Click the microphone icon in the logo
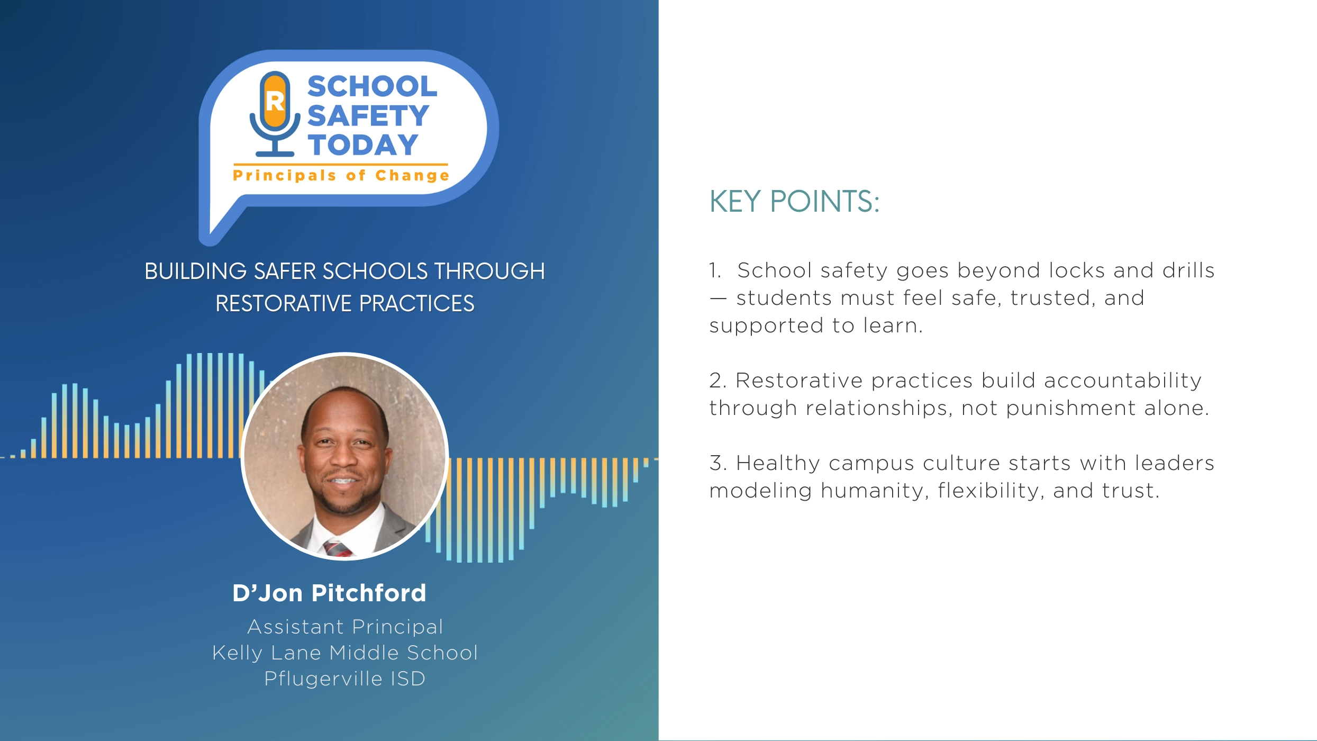[x=275, y=114]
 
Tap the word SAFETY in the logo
[x=368, y=115]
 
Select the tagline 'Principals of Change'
[x=341, y=175]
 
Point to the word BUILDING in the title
[x=195, y=272]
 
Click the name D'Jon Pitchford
[x=329, y=593]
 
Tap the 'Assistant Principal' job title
[x=345, y=627]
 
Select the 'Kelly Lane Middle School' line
[x=345, y=653]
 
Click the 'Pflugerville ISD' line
[x=345, y=679]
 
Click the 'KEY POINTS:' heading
[x=794, y=202]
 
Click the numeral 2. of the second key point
[x=717, y=381]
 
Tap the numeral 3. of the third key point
[x=717, y=463]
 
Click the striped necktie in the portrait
[x=338, y=548]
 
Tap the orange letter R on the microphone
[x=275, y=101]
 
